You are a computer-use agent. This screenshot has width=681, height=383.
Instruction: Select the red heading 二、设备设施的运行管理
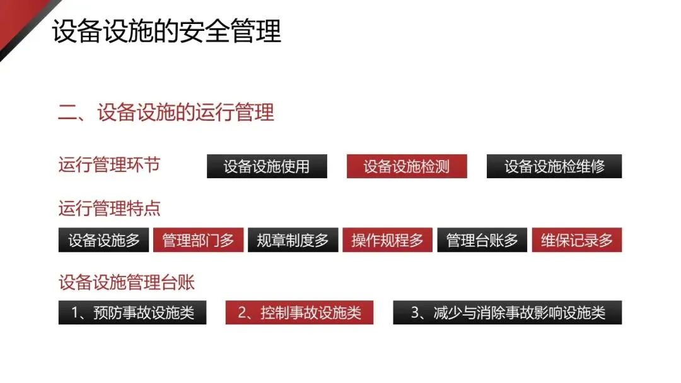[166, 112]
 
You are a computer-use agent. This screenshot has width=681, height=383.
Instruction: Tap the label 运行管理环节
[109, 165]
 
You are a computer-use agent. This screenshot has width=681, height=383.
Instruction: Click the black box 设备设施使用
[267, 166]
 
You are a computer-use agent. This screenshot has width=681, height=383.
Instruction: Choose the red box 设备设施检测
[407, 166]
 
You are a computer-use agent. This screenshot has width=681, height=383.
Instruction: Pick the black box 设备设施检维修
[554, 166]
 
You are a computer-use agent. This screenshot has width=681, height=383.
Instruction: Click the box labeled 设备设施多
[103, 240]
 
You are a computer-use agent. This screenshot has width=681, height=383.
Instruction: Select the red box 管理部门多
[198, 240]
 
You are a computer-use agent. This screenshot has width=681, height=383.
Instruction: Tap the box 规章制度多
[293, 240]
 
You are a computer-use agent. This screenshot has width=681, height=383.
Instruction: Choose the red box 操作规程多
[387, 240]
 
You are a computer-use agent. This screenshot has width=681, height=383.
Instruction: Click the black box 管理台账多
[482, 240]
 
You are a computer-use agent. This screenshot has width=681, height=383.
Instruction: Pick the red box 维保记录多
[576, 240]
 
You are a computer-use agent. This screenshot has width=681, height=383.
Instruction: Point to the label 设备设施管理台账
[126, 282]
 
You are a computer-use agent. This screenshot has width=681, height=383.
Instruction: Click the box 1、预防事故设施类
[132, 312]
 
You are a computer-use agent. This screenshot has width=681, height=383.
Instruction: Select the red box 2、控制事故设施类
[299, 312]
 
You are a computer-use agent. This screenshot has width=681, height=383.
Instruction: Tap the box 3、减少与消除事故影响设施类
[507, 312]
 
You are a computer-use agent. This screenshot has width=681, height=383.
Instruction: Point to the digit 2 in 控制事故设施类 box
[242, 313]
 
